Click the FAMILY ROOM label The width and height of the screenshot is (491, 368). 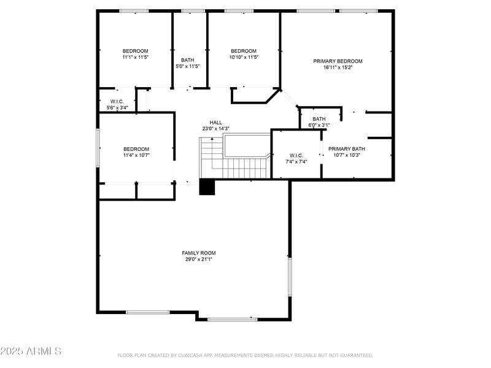(198, 253)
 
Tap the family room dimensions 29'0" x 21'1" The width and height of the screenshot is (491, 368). (198, 259)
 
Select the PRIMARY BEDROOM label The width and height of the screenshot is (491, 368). (338, 61)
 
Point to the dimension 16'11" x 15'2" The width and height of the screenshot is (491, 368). (338, 67)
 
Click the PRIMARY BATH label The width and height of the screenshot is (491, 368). (346, 148)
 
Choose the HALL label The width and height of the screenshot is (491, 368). (215, 122)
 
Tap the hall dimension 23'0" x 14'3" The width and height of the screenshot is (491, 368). (215, 128)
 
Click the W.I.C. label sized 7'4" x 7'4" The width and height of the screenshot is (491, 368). (296, 155)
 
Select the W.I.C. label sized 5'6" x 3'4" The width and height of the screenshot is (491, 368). (117, 101)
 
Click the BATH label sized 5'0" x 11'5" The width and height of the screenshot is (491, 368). (187, 60)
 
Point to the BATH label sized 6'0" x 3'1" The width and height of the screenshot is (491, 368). (319, 119)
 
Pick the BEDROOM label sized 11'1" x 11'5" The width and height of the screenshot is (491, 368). (135, 50)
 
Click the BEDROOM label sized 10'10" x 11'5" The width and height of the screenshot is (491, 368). (243, 50)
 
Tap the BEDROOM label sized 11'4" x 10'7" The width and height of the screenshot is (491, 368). (136, 149)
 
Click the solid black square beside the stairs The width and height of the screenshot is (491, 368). (207, 187)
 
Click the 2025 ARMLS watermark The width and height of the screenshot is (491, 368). (31, 351)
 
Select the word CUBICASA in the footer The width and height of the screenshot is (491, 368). (194, 355)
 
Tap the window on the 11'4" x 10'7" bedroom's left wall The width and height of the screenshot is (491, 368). (98, 148)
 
